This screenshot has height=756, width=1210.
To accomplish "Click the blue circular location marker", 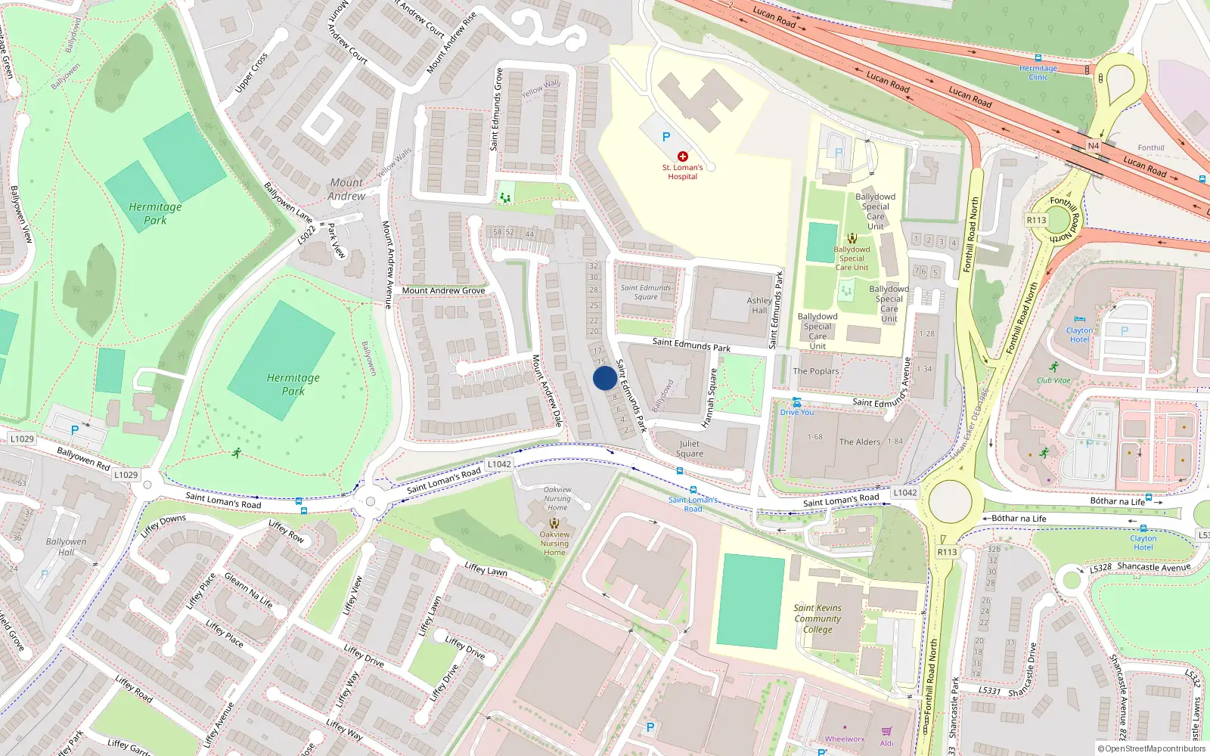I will tap(604, 378).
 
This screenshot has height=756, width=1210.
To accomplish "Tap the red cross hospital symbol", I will tap(682, 156).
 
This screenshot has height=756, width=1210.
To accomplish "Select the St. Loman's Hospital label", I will tap(682, 172).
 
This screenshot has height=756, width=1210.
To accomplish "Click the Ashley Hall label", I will tap(759, 305).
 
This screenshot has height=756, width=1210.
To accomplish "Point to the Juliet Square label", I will tap(689, 449).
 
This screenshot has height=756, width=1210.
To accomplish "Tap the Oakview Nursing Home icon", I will tap(554, 523).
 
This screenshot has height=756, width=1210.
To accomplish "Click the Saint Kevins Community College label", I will tap(817, 618).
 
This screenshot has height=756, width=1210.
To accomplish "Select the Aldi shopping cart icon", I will tap(886, 731).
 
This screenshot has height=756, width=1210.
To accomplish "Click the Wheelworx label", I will tap(845, 739).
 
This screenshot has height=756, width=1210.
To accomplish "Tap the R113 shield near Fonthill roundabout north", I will tap(1036, 220).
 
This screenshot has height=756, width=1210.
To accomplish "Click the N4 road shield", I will tap(1093, 146).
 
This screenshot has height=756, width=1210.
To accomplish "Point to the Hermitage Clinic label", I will tap(1038, 73).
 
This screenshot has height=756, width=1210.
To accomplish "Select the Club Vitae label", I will tap(1053, 380).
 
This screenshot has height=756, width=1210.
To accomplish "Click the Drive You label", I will tap(797, 412).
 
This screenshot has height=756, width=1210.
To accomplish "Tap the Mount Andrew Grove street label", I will tap(443, 290).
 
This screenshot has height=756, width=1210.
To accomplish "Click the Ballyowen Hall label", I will tap(66, 547).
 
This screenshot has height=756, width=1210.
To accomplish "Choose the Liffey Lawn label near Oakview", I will tap(486, 569).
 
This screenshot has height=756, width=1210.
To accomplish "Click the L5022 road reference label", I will tap(306, 234).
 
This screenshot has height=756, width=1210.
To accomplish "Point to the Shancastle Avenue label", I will tap(1153, 567).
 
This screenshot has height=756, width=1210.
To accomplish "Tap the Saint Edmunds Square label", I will tap(646, 292).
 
